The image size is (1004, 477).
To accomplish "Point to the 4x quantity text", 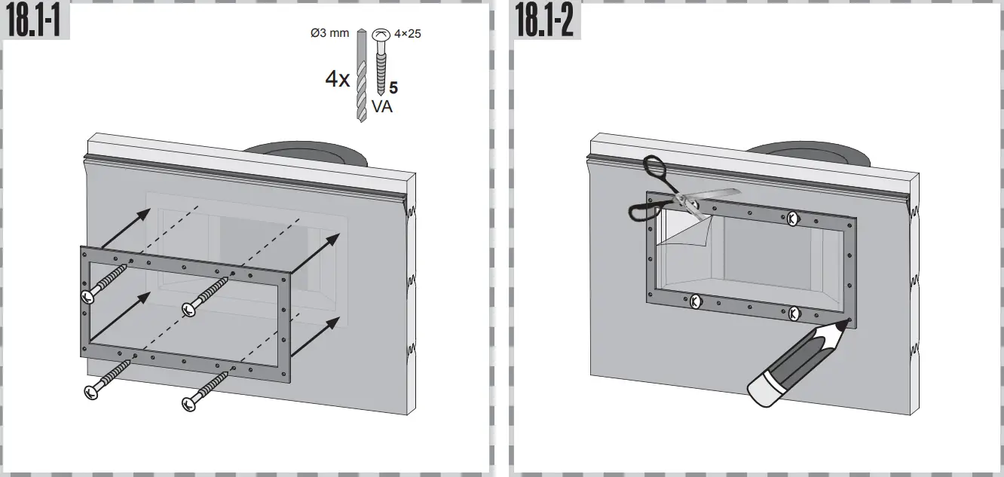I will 337,79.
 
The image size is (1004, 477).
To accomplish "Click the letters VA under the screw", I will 381,107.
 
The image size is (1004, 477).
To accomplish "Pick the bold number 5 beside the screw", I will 393,88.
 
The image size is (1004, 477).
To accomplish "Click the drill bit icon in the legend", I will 362,75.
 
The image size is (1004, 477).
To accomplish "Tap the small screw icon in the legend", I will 381,60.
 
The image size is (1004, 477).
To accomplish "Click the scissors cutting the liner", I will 667,195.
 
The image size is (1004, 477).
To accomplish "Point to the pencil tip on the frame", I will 848,323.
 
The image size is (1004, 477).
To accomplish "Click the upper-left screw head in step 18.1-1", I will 88,295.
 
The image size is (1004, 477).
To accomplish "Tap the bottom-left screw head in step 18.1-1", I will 92,391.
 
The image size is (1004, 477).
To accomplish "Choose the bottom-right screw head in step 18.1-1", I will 189,403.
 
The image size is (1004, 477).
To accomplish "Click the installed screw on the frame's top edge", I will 792,219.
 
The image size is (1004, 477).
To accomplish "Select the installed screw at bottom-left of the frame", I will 696,301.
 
